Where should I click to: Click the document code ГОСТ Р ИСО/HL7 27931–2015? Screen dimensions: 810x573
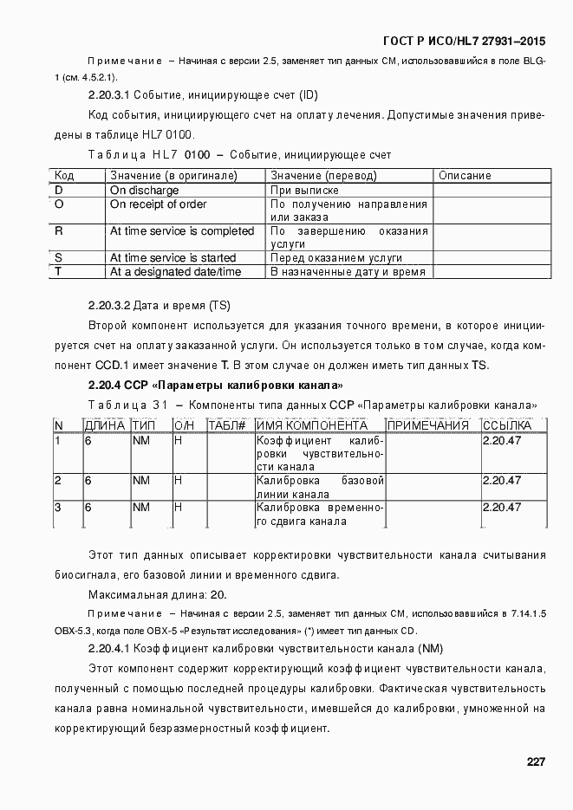point(465,42)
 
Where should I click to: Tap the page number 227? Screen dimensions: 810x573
point(535,761)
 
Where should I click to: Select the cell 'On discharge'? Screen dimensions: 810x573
point(144,190)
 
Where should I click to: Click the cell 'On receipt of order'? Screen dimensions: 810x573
point(158,204)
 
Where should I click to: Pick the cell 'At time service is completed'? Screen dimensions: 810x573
point(181,231)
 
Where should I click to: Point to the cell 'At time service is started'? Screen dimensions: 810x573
point(172,258)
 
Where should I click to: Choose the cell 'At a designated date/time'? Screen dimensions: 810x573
point(175,272)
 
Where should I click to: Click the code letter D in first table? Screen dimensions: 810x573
point(59,190)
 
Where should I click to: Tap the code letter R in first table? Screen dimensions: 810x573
point(59,231)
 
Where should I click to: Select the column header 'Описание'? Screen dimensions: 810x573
point(465,176)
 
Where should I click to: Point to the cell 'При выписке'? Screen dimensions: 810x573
point(304,190)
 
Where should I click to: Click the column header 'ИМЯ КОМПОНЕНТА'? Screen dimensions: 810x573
point(311,425)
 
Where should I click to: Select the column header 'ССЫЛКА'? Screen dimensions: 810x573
point(506,425)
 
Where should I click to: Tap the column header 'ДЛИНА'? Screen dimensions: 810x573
point(104,425)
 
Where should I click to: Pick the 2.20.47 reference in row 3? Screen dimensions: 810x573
point(501,508)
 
